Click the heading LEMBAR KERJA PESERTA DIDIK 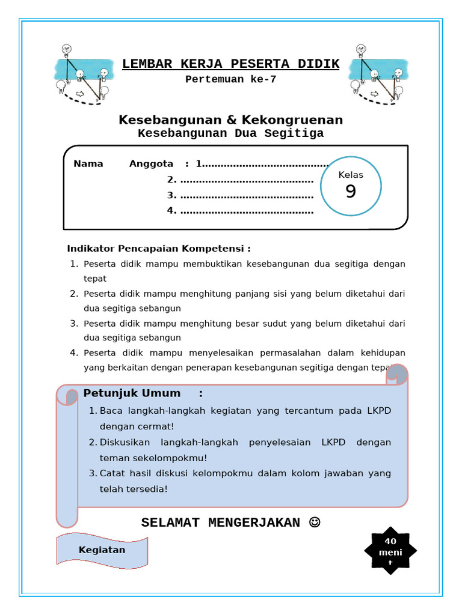230,64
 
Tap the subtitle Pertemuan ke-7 230,79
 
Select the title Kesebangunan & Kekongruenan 230,120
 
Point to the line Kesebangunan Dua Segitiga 230,133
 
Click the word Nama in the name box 88,164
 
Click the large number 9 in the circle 351,192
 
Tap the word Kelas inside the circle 351,175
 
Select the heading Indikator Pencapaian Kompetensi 159,249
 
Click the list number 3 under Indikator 74,323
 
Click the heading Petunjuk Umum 132,393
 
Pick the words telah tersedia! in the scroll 134,489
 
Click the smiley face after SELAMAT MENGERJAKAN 314,523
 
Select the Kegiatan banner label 102,550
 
